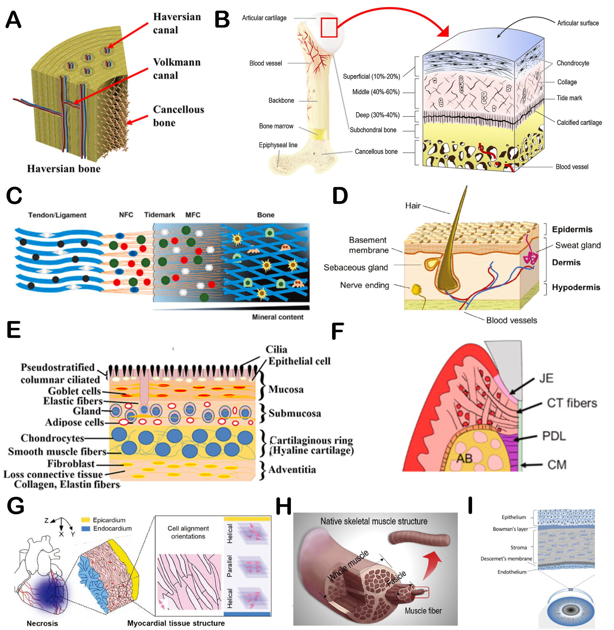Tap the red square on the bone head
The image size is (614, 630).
point(329,27)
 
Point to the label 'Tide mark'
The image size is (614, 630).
point(569,98)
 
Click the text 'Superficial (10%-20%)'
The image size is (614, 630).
point(371,76)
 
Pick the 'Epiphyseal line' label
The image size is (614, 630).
point(278,145)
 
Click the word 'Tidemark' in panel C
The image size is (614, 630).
point(159,215)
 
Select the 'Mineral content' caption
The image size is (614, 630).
point(277,317)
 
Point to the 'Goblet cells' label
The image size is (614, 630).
point(74,391)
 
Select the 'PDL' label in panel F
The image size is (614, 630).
point(554,436)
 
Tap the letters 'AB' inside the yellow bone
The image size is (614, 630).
point(464,458)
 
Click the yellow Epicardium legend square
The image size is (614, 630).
point(85,520)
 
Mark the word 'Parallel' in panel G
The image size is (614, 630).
point(229,566)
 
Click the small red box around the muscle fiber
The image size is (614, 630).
point(419,592)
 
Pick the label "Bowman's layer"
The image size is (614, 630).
point(510,529)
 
